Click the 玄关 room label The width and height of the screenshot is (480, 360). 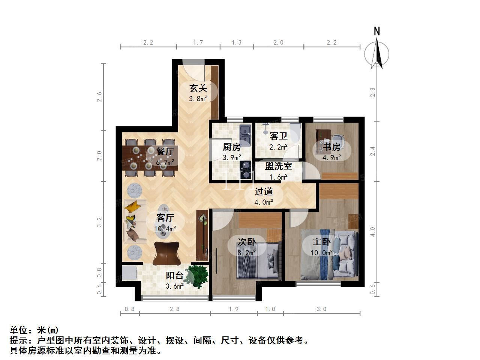pos(198,88)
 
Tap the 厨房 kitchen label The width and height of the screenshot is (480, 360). pos(232,147)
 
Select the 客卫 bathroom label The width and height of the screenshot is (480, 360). pos(278,136)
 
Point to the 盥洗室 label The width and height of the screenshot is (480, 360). pos(278,166)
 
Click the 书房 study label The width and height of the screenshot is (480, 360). pos(332,147)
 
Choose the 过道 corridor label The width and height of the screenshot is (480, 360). pos(264,192)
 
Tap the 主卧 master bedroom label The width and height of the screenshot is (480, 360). pos(321,242)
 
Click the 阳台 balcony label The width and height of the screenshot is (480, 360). pos(174,276)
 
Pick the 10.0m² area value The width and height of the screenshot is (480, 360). pos(321,253)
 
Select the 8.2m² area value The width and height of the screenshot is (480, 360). pos(247,253)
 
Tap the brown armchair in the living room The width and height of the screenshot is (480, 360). pos(166,253)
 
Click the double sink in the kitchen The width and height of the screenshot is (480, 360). pos(245,135)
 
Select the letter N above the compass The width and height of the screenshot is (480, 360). pos(376,31)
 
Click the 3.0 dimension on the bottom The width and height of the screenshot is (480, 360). pos(321,309)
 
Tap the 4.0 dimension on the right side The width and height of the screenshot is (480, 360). pos(373,232)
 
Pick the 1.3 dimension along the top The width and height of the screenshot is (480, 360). pos(237,42)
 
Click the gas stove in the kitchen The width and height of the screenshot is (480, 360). pos(245,170)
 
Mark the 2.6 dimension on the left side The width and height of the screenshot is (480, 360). pos(99,97)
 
